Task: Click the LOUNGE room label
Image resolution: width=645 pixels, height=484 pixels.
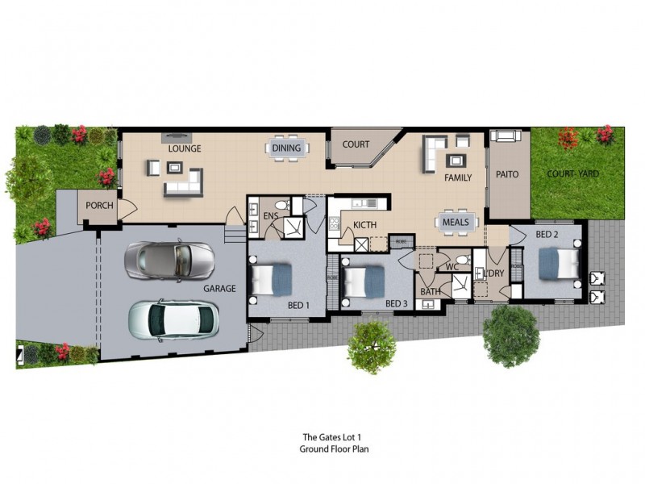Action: pos(185,148)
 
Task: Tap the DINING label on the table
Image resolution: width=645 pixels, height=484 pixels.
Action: pos(286,148)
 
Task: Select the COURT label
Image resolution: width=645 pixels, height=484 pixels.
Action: pos(356,145)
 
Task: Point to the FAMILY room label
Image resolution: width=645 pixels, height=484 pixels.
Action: pos(458,177)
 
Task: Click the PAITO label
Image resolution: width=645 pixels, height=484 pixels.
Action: pos(507,174)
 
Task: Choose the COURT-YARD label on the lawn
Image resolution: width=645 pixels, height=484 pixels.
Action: pos(572,173)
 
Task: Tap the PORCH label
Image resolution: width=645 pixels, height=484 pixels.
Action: pos(100,206)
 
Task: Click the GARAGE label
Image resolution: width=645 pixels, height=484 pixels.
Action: pos(219,288)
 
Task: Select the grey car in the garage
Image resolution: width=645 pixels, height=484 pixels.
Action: pos(169,260)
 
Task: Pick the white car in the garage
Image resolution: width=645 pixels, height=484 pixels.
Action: pos(173,319)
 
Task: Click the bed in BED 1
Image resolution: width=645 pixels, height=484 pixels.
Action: pos(272,280)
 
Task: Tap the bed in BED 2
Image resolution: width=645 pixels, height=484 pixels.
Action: pos(559,262)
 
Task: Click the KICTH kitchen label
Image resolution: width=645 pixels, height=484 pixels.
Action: pos(365,225)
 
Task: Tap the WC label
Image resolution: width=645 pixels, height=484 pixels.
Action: pos(451,266)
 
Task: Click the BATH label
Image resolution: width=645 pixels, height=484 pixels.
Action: pos(430,291)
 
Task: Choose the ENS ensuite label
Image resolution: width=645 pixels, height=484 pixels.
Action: pos(271,216)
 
